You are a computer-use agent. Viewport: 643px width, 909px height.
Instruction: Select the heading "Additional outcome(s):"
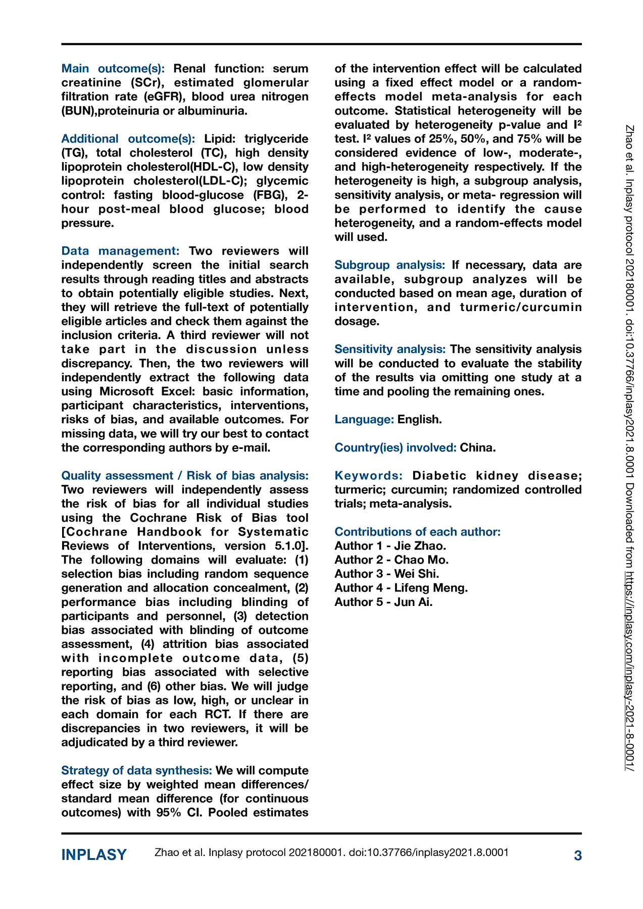[x=128, y=139]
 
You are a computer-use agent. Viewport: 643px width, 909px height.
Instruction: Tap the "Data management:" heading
[x=120, y=251]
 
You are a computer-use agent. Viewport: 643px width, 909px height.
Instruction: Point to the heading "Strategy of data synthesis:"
[x=136, y=770]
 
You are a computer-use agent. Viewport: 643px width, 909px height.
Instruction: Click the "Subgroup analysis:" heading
[x=389, y=265]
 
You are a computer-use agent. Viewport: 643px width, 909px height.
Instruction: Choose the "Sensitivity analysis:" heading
[x=390, y=349]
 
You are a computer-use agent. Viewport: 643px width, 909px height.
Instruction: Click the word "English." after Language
[x=419, y=420]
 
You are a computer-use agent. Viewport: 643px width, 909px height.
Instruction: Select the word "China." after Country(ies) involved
[x=478, y=447]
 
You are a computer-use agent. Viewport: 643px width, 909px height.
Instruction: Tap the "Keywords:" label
[x=369, y=476]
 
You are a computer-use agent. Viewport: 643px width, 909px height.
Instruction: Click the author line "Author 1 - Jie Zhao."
[x=390, y=546]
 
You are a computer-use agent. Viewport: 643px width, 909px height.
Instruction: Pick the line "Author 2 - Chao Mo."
[x=391, y=560]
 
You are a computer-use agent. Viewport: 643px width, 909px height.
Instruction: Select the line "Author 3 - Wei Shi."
[x=387, y=574]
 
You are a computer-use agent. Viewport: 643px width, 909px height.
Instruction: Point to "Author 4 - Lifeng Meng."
[x=401, y=588]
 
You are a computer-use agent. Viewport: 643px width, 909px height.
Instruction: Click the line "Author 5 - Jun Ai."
[x=383, y=602]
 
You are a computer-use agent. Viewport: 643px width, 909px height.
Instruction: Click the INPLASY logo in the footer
[x=94, y=855]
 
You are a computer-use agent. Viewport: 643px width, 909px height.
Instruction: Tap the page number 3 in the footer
[x=578, y=855]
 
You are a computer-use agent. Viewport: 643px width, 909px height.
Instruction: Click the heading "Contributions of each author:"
[x=417, y=532]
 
